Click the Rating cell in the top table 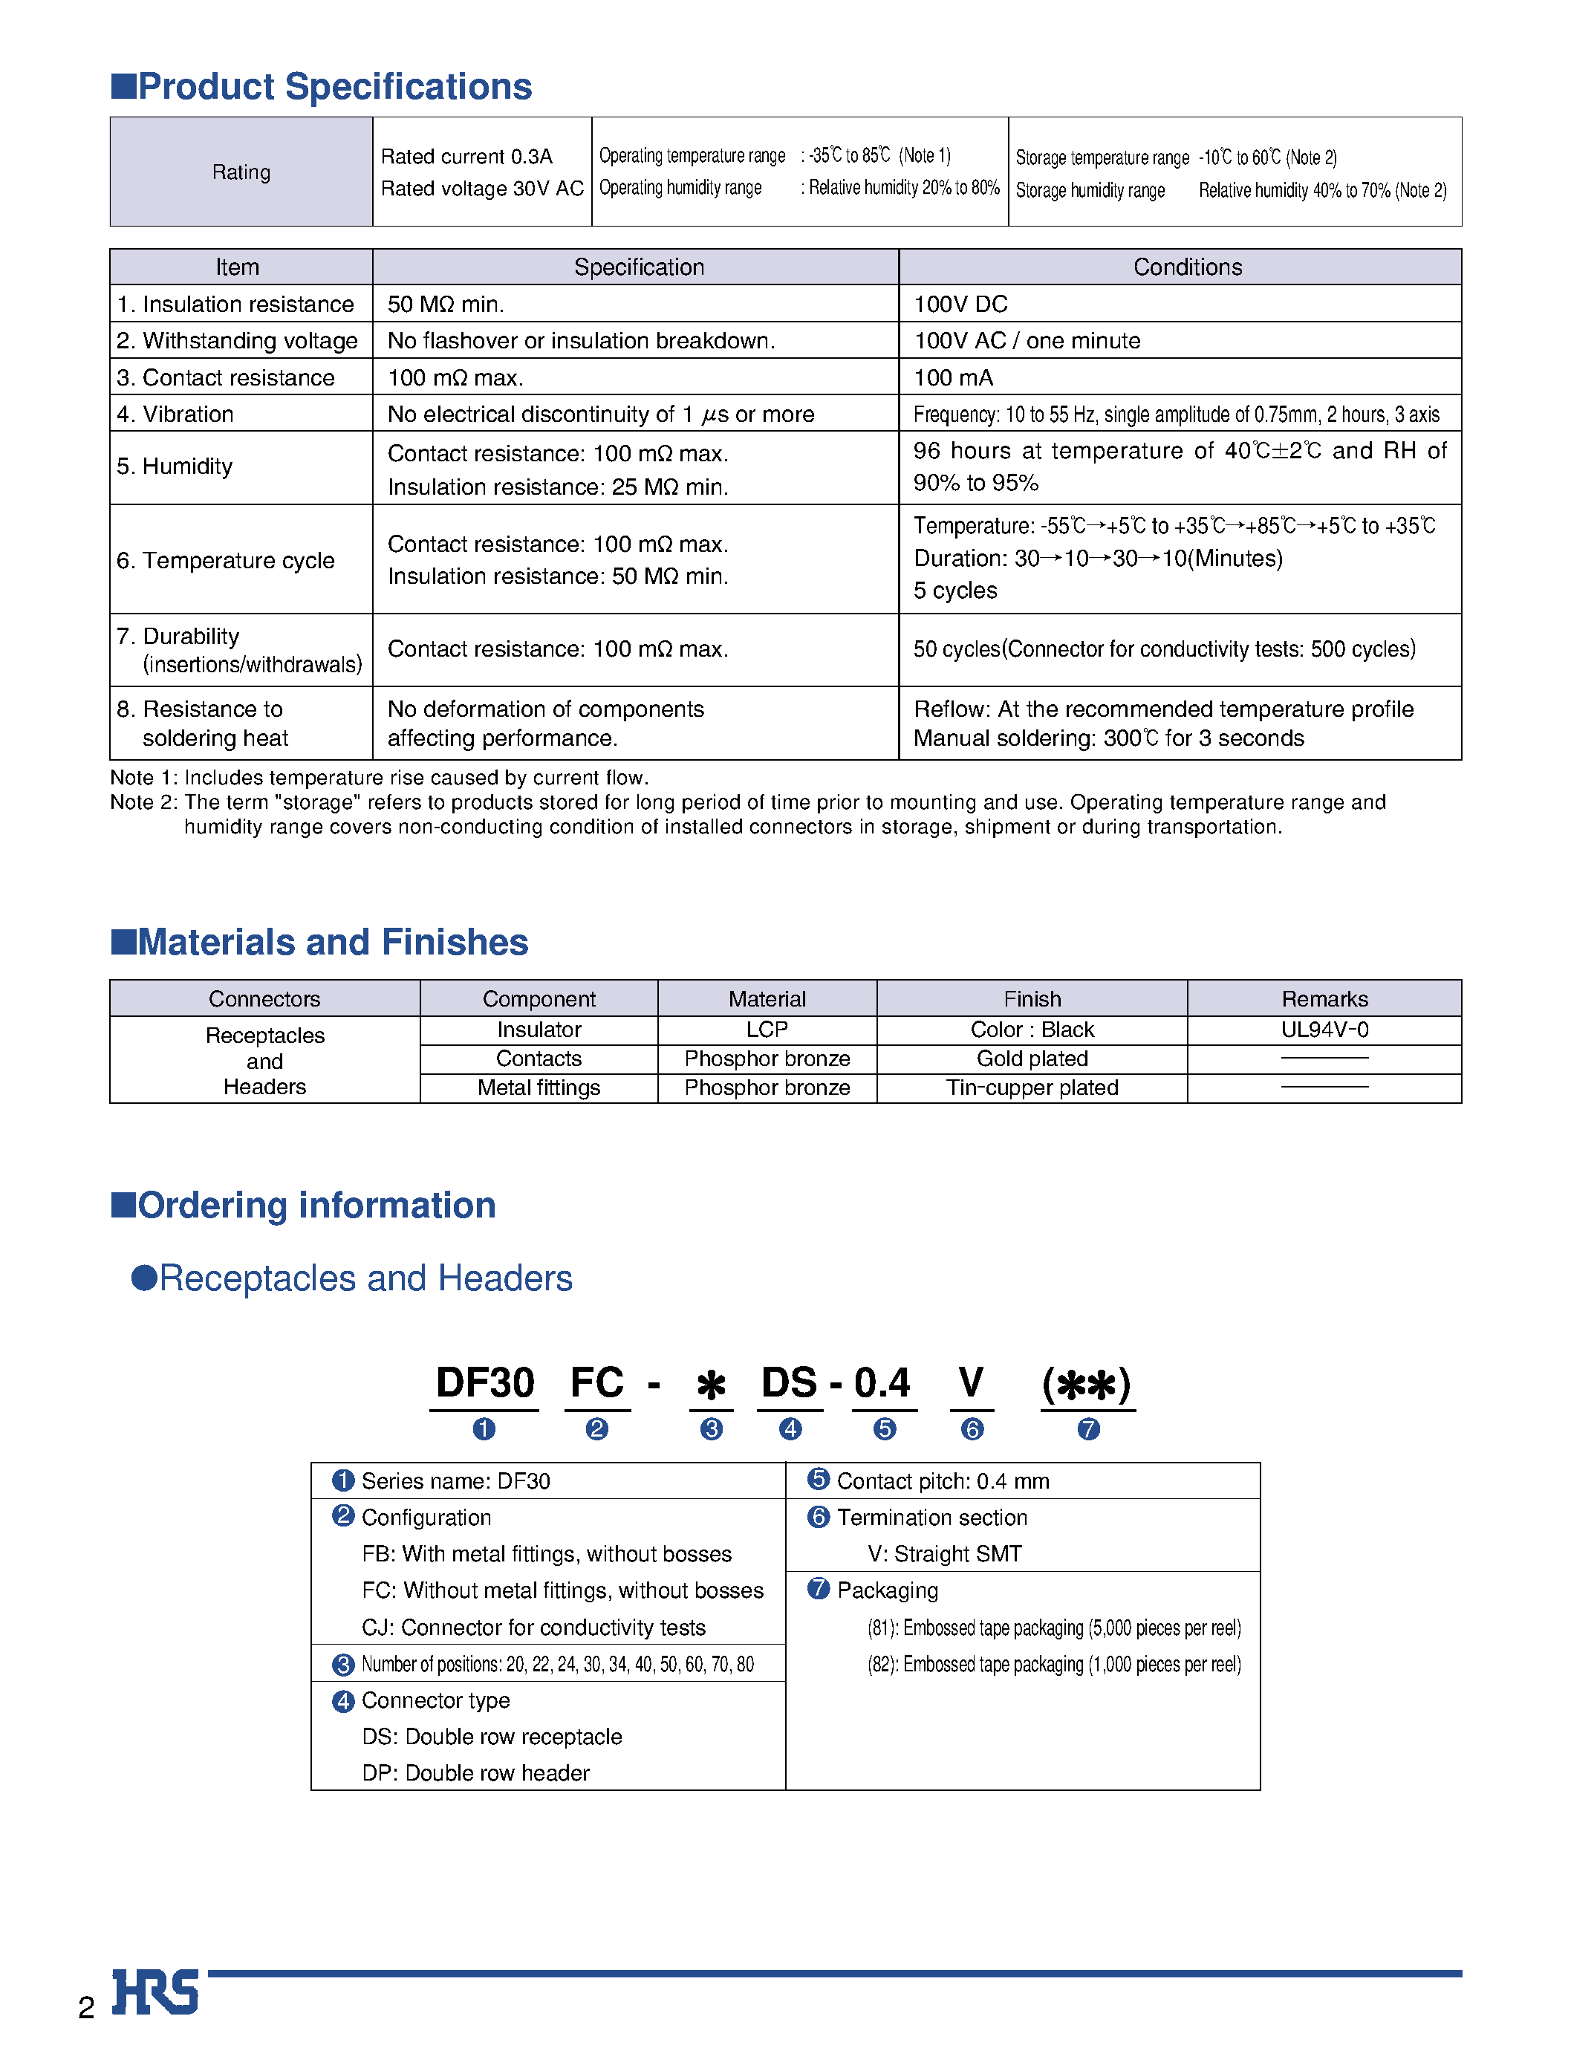click(241, 172)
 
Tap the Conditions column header click(1187, 267)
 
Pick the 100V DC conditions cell click(960, 304)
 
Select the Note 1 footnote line click(379, 778)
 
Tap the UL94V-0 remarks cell click(1324, 1030)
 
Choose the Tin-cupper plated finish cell click(1032, 1087)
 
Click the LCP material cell click(767, 1030)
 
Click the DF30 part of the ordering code click(484, 1384)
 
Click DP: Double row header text click(475, 1773)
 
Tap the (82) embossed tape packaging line click(1053, 1665)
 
